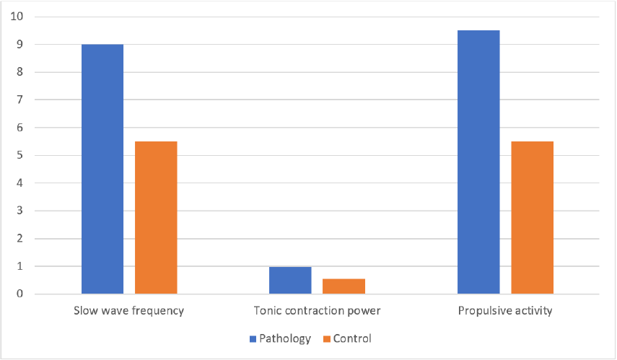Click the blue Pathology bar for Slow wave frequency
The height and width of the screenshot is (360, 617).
(x=102, y=169)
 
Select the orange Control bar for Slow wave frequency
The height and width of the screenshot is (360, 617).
(x=156, y=217)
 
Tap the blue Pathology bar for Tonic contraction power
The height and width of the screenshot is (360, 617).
(x=290, y=281)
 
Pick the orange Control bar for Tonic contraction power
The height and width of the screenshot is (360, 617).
(x=343, y=286)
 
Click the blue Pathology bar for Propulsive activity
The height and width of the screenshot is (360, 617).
(x=478, y=162)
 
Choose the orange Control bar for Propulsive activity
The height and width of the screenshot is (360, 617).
(x=533, y=217)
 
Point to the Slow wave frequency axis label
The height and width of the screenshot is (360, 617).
(x=128, y=312)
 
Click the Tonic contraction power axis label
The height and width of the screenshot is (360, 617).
(x=317, y=312)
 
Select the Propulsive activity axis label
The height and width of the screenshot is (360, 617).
(x=505, y=312)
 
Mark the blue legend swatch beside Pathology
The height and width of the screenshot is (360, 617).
(x=253, y=338)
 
